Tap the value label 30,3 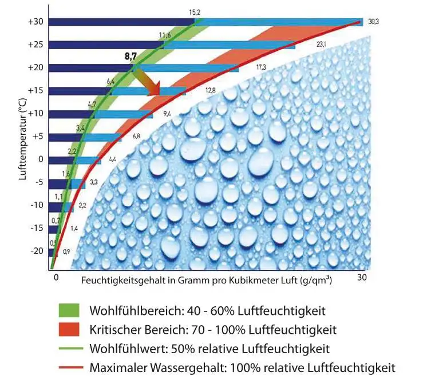[373, 22]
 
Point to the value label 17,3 [261, 67]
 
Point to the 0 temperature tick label [41, 159]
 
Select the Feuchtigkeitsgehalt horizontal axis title [207, 282]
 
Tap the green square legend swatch [68, 311]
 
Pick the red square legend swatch [68, 329]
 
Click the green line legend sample [68, 348]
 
